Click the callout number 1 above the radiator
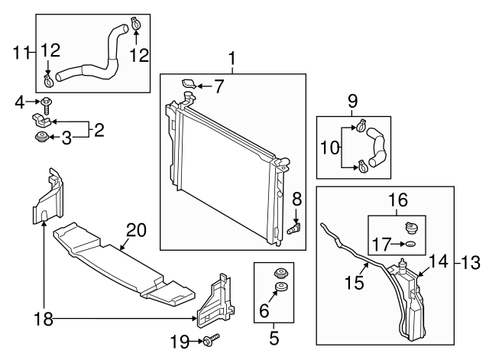tap(232, 58)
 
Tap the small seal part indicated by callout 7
tap(188, 84)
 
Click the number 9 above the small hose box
tap(352, 100)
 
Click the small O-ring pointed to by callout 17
tap(410, 245)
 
